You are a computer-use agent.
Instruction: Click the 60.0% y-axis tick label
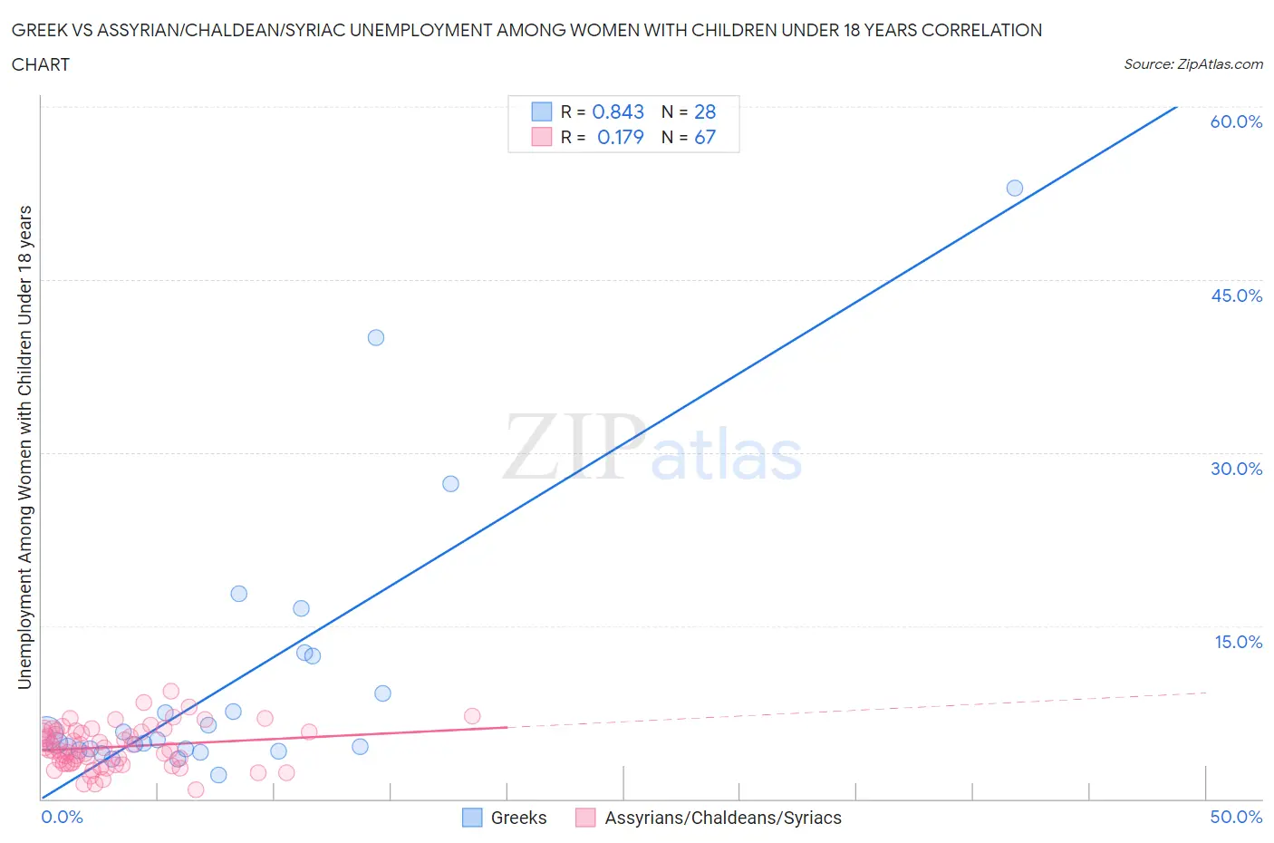click(1236, 121)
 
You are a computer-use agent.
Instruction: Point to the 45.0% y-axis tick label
click(1236, 296)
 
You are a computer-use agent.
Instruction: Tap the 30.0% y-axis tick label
click(1236, 469)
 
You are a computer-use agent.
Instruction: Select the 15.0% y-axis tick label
click(1238, 642)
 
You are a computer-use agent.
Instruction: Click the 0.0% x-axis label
click(62, 817)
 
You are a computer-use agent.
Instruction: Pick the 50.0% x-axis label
click(1236, 817)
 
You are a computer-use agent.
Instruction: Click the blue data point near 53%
click(1015, 188)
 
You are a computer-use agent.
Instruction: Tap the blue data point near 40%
click(376, 337)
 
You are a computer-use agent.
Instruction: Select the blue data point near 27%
click(450, 484)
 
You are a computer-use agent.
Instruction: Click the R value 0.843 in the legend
click(618, 111)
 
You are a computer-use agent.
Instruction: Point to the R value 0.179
click(620, 137)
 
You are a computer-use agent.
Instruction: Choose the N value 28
click(705, 111)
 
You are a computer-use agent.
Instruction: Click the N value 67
click(705, 137)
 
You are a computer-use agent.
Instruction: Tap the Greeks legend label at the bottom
click(518, 818)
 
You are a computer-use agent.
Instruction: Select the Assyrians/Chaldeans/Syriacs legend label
click(723, 818)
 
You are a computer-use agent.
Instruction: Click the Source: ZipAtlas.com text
click(1193, 63)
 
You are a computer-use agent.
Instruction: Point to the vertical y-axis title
click(24, 447)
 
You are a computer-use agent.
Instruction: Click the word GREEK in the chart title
click(37, 30)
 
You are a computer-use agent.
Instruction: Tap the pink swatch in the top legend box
click(542, 137)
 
